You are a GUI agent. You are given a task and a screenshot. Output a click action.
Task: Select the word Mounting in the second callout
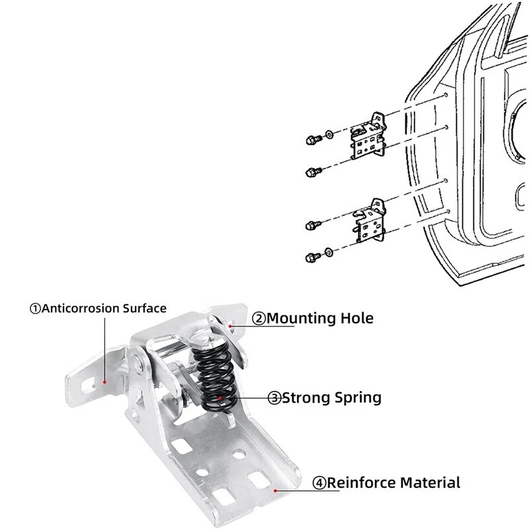tap(301, 318)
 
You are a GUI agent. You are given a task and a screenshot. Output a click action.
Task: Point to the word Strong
tap(305, 397)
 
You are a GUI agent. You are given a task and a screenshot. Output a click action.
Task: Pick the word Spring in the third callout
tap(357, 397)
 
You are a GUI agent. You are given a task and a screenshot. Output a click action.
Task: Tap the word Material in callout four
tap(429, 483)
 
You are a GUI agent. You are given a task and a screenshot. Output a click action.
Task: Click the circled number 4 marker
tap(319, 483)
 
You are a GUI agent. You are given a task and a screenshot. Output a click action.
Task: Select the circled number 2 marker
tap(259, 319)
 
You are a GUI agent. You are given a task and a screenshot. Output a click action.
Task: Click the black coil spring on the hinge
tap(214, 377)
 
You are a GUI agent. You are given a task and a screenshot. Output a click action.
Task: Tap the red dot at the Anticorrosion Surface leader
tap(104, 382)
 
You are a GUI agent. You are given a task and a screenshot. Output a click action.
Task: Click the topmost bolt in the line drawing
tap(311, 140)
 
